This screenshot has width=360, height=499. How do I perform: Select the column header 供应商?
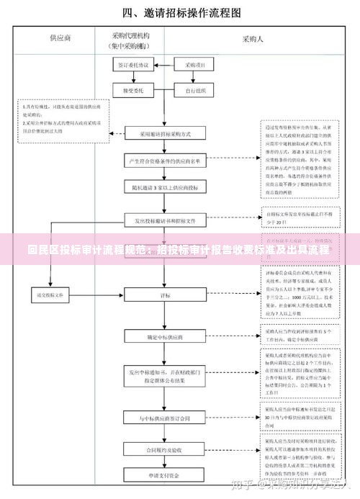pyautogui.click(x=60, y=37)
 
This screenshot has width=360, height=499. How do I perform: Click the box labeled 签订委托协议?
pyautogui.click(x=132, y=65)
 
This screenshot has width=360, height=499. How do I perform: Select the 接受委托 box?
pyautogui.click(x=132, y=91)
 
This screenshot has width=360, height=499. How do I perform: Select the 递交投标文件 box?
pyautogui.click(x=50, y=294)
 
